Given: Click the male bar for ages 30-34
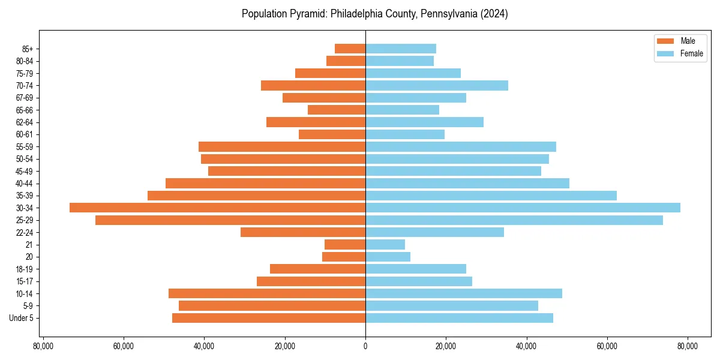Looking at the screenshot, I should [x=217, y=208].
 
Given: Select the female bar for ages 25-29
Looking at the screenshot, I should [x=514, y=220].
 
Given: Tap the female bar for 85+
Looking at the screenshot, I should [x=401, y=49].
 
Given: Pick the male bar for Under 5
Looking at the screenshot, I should [x=269, y=318].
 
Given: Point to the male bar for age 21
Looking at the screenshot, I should [x=345, y=245].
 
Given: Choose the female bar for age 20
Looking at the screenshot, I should [x=388, y=257].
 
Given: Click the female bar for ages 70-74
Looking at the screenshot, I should [x=437, y=85].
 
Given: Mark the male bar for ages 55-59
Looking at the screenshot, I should [x=282, y=146].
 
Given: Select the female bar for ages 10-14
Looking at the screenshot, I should [x=464, y=293].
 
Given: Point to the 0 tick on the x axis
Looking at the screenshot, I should [x=365, y=346].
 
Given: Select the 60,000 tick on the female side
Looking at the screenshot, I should [x=607, y=346].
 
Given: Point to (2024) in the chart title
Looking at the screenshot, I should [x=494, y=14].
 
